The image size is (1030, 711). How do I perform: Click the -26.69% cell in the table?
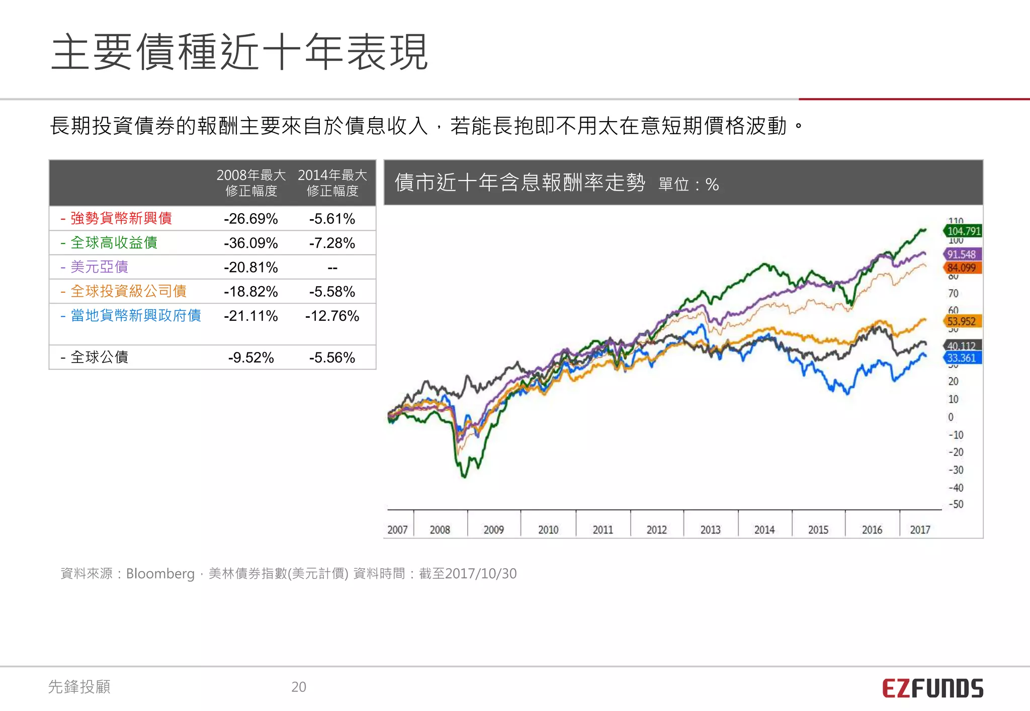[250, 219]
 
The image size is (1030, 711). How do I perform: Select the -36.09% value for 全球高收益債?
[250, 243]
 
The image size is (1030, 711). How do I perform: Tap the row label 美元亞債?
[99, 267]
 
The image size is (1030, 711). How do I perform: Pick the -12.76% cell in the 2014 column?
[332, 316]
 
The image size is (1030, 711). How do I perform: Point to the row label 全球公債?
[99, 358]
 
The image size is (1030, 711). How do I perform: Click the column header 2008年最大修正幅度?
[251, 183]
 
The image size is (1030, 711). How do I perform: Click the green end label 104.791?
[963, 231]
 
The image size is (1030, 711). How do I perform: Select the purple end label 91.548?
[962, 254]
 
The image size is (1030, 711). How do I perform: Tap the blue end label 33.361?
[961, 358]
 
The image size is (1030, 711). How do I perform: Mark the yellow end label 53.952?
[961, 321]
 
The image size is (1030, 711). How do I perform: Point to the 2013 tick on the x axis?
[710, 529]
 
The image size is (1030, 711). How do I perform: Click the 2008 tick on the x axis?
[440, 529]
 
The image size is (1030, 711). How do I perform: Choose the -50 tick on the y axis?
[956, 504]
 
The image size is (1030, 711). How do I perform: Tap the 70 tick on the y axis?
[953, 293]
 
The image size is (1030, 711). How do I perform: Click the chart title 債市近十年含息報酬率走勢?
[520, 183]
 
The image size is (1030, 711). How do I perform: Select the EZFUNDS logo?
[932, 688]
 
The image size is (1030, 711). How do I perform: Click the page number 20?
[299, 687]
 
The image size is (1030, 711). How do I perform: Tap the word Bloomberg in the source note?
[160, 574]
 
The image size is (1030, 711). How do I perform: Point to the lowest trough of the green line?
[464, 476]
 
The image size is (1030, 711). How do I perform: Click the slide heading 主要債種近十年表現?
[239, 52]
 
